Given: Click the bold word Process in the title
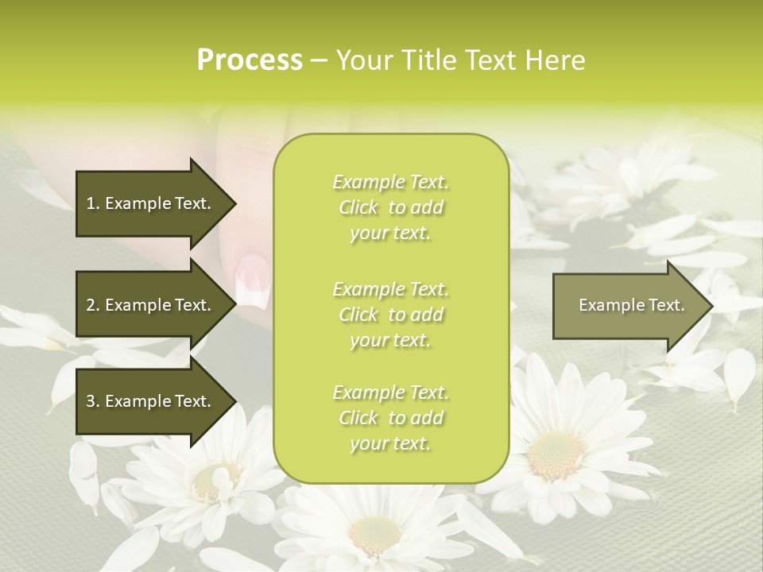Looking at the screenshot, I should pyautogui.click(x=250, y=60).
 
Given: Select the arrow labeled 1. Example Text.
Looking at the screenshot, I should pyautogui.click(x=151, y=204).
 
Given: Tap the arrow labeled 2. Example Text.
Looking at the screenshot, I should pyautogui.click(x=151, y=305).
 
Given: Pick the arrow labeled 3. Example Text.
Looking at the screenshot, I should pyautogui.click(x=151, y=401).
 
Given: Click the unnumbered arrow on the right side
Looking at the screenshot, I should pyautogui.click(x=628, y=306).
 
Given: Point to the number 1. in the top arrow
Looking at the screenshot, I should pyautogui.click(x=92, y=203).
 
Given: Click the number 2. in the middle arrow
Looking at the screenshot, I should pyautogui.click(x=92, y=305).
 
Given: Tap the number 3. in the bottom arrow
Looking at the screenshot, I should pyautogui.click(x=92, y=401).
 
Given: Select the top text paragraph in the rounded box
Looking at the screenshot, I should pyautogui.click(x=391, y=207).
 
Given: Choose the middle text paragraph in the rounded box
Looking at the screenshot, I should pyautogui.click(x=391, y=314).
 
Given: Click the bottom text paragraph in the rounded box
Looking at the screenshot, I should pyautogui.click(x=391, y=418).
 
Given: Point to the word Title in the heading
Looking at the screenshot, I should pyautogui.click(x=429, y=60).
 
